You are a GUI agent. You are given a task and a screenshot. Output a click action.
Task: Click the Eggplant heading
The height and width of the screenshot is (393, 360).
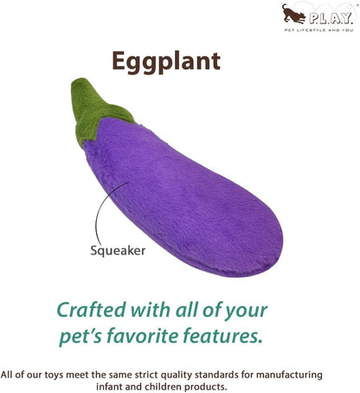pyautogui.click(x=165, y=60)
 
